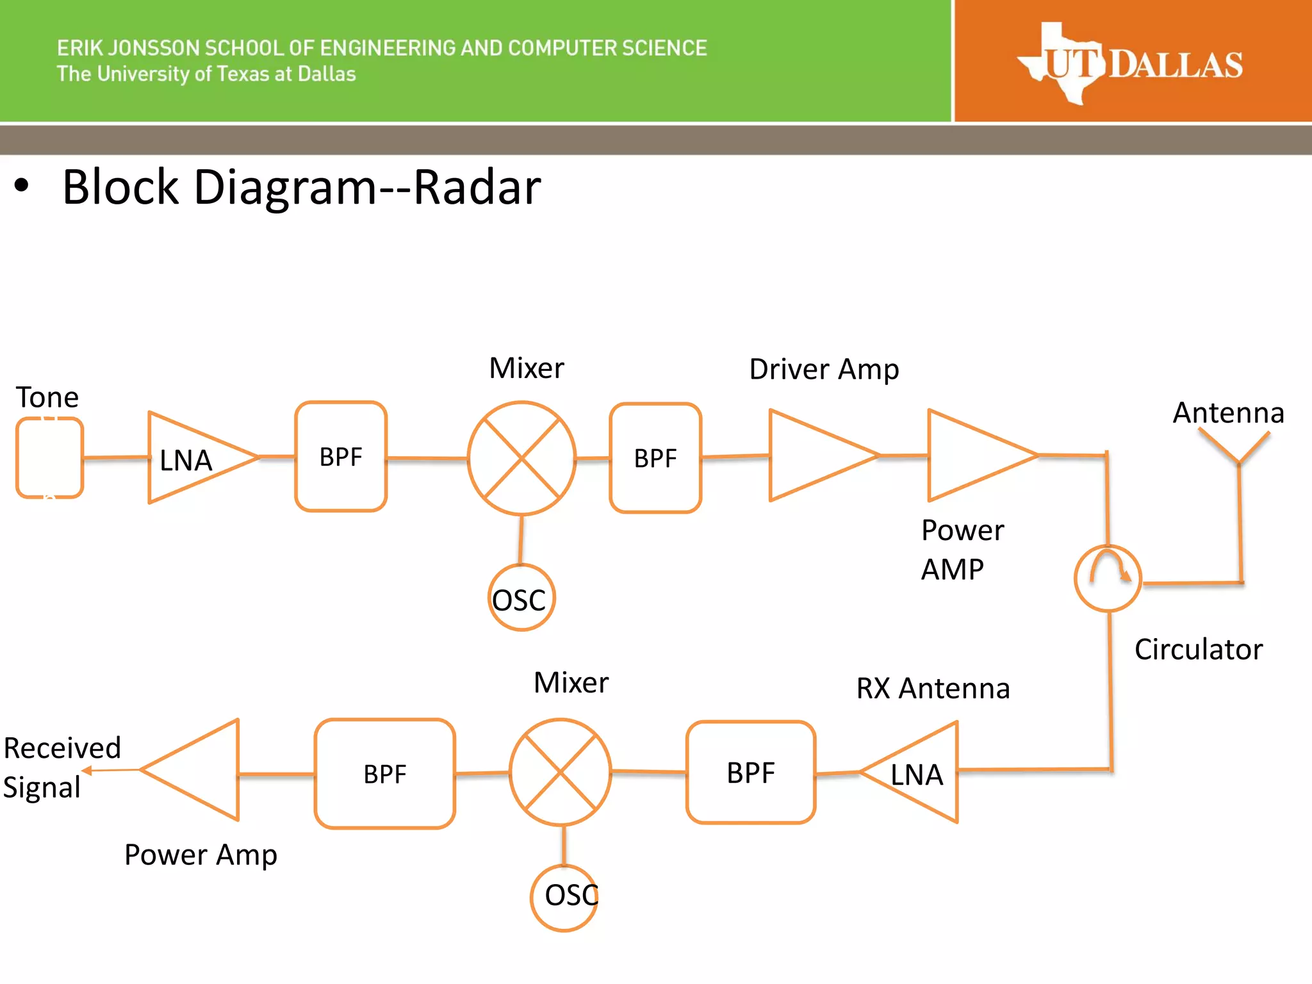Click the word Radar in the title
(x=477, y=187)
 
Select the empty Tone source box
(x=49, y=457)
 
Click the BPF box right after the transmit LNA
(x=341, y=457)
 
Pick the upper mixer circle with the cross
(x=521, y=458)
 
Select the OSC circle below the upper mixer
(x=521, y=598)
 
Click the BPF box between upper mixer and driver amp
(x=655, y=458)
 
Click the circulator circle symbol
(x=1108, y=578)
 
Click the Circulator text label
(x=1198, y=650)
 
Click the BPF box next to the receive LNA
(x=750, y=773)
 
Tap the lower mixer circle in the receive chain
(x=561, y=773)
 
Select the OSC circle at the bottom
(x=564, y=897)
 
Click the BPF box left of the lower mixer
(x=384, y=774)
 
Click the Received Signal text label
(x=61, y=767)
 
